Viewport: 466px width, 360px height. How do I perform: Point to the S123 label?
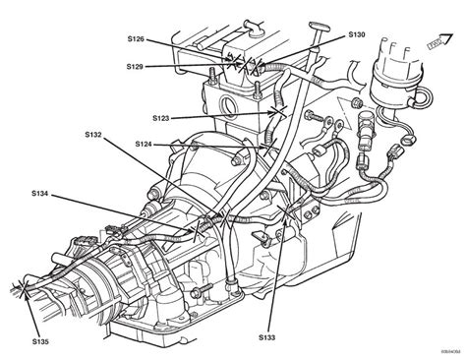click(163, 118)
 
